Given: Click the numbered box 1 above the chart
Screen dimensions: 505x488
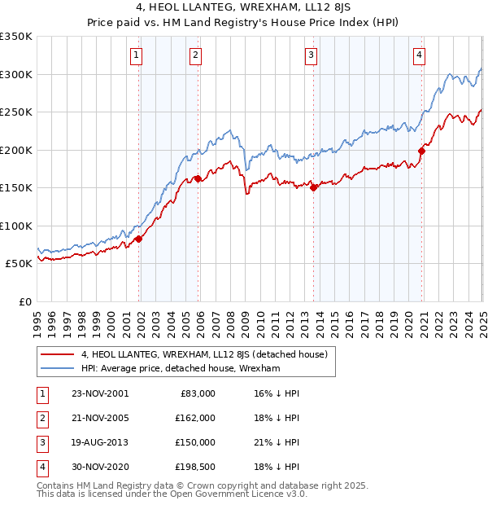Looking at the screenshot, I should coord(135,55).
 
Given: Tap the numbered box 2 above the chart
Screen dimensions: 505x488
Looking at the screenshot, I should coord(196,55).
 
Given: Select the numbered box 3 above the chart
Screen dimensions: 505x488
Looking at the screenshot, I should coord(311,55).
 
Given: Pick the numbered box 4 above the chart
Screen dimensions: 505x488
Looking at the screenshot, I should coord(419,55).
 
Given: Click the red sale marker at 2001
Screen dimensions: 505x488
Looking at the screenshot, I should coord(139,239).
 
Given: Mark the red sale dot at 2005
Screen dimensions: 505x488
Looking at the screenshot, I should coord(198,178).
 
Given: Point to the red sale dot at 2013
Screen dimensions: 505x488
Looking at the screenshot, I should coord(313,187).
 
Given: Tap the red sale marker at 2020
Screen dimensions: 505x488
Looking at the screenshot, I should coord(421,151).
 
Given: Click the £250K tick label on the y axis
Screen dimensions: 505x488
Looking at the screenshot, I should coord(16,112).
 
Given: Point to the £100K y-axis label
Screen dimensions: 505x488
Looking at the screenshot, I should coord(16,226).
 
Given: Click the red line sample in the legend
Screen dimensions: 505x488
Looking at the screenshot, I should coord(57,354).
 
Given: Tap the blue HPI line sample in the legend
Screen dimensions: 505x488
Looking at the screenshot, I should coord(57,368).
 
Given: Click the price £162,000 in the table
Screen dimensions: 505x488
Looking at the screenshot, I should coord(195,418).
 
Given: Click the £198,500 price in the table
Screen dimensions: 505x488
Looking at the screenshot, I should coord(195,467).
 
